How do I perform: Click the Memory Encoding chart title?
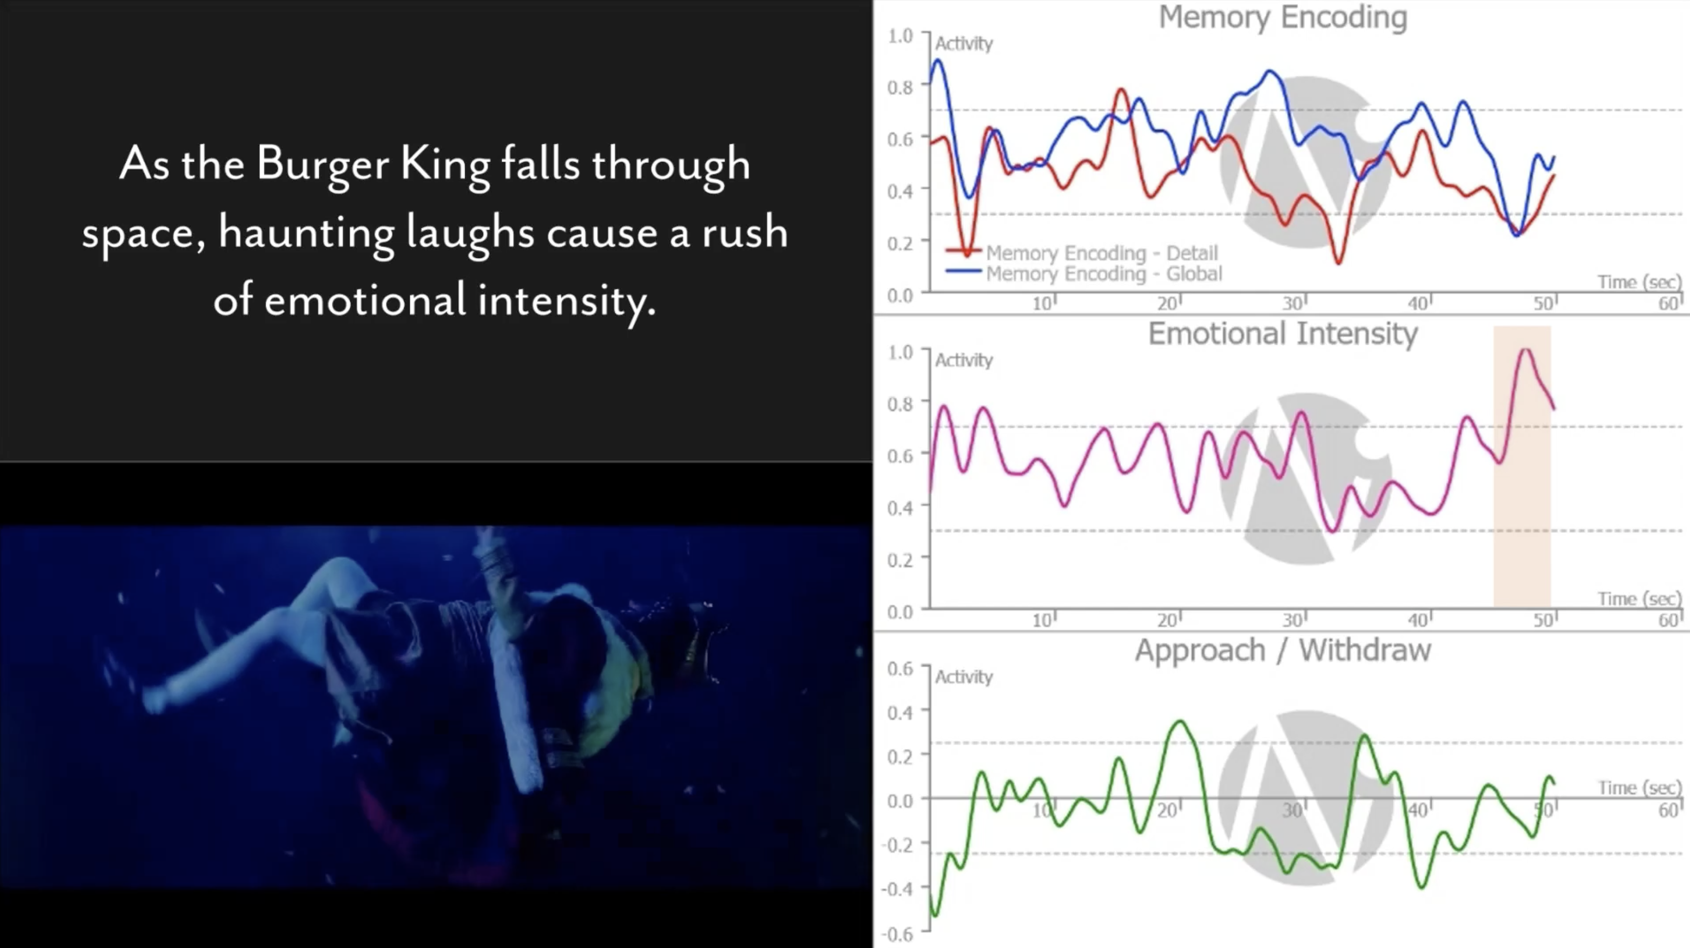tap(1283, 18)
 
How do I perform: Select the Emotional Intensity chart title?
tap(1283, 334)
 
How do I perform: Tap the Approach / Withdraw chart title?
tap(1283, 651)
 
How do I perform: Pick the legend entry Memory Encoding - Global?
tap(1104, 274)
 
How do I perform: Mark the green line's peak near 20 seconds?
tap(1181, 722)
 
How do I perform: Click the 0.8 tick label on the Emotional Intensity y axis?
tap(899, 403)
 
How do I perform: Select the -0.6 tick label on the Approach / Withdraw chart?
tap(897, 934)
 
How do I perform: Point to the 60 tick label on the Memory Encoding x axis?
tap(1668, 303)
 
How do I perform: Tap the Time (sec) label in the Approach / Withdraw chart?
tap(1639, 787)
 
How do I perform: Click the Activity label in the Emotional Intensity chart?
tap(964, 360)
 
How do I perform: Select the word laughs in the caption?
tap(470, 233)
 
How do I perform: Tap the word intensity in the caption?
tap(566, 301)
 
